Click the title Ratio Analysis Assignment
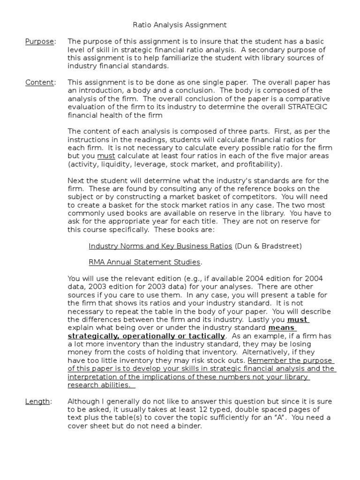click(180, 25)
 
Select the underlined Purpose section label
click(39, 42)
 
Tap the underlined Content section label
click(39, 82)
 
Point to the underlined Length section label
click(37, 401)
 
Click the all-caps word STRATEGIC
click(307, 107)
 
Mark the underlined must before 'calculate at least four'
click(105, 156)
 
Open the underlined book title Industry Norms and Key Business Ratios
click(160, 246)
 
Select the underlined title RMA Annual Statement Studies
click(144, 262)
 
